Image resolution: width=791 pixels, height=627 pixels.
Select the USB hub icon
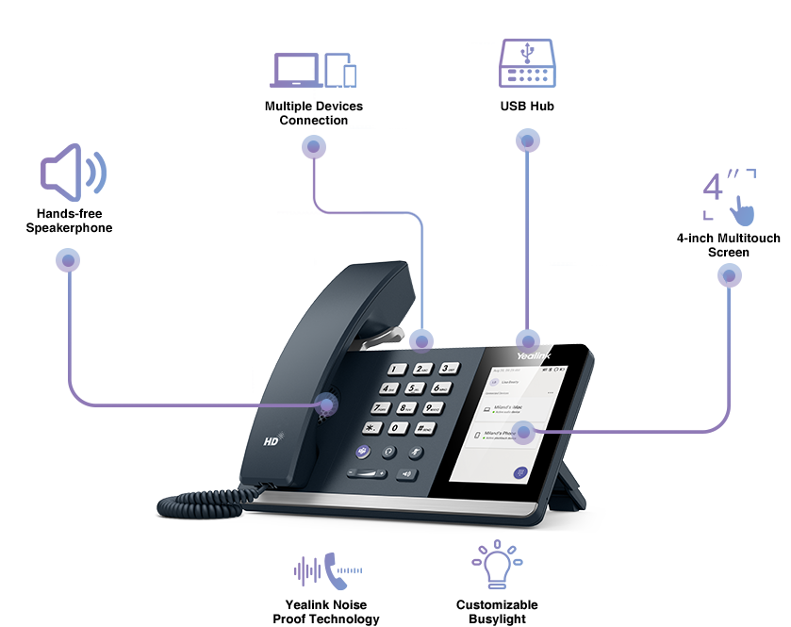click(x=527, y=65)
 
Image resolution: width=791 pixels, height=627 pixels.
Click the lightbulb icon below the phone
click(x=497, y=565)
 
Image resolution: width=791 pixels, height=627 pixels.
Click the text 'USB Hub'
click(x=527, y=107)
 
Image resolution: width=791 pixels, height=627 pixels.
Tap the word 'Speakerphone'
click(x=69, y=228)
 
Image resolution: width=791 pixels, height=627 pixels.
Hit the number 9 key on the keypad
click(x=432, y=407)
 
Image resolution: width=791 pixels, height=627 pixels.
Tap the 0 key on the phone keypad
click(x=400, y=429)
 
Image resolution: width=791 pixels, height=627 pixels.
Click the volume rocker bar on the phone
click(x=367, y=473)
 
